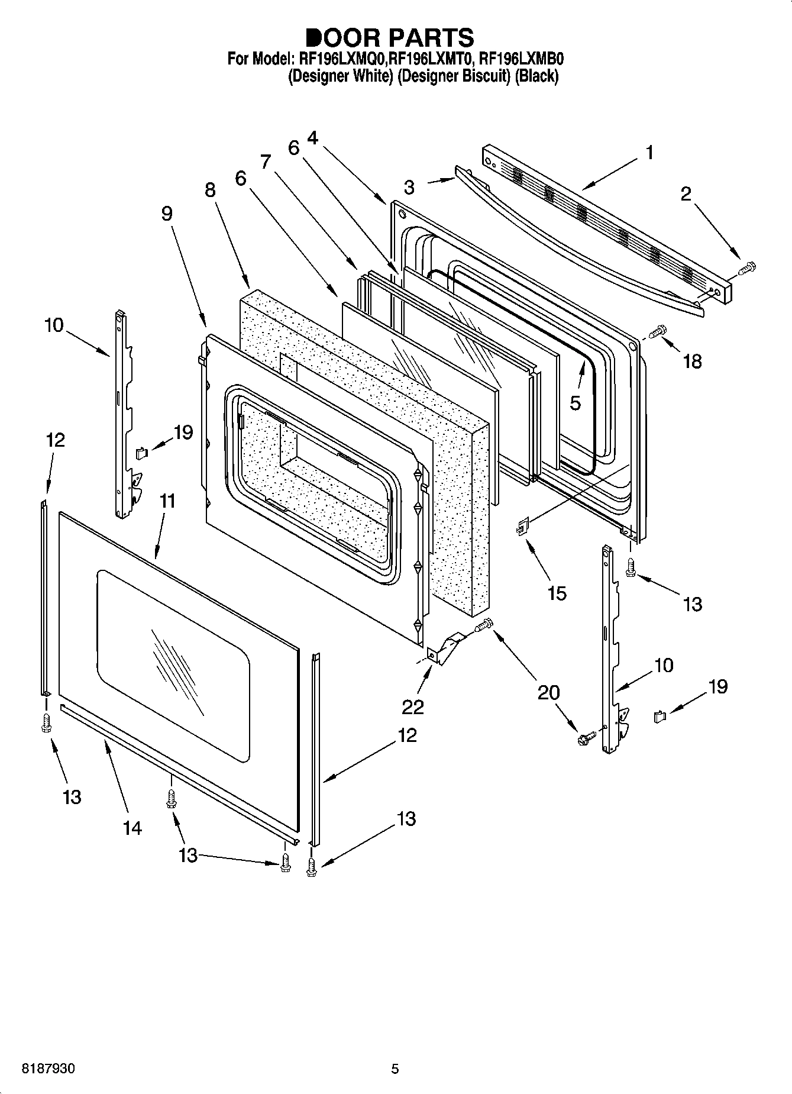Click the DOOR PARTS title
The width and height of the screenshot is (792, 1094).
click(x=390, y=37)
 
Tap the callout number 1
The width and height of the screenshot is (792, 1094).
click(x=649, y=153)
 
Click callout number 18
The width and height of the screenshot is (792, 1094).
click(x=693, y=361)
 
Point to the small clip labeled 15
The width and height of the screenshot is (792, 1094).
click(x=522, y=526)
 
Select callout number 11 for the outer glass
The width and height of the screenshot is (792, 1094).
click(x=167, y=501)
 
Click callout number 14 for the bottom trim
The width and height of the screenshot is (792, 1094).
click(x=132, y=828)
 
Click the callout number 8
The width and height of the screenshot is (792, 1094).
click(x=210, y=189)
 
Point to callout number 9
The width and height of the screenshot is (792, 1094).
click(x=167, y=214)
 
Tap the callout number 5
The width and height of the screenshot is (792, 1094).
click(x=575, y=403)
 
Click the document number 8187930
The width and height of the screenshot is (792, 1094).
click(x=49, y=1069)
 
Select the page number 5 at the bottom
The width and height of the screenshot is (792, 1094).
click(x=395, y=1069)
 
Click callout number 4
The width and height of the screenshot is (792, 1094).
click(x=312, y=138)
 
